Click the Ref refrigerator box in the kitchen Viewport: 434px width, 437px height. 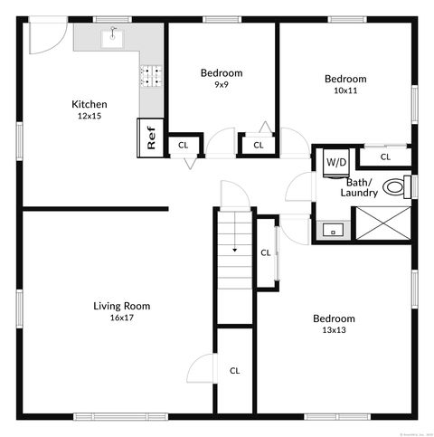(151, 137)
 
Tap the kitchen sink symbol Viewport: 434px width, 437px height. (114, 35)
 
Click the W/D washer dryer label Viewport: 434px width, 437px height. (335, 162)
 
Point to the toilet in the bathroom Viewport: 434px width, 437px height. (395, 187)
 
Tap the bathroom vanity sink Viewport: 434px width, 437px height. (332, 231)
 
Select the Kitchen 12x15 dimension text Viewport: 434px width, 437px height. (90, 116)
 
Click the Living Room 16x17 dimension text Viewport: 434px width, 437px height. (122, 318)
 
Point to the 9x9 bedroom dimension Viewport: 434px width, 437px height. (221, 84)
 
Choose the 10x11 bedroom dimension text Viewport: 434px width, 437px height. (345, 90)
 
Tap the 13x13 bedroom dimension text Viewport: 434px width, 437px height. (334, 330)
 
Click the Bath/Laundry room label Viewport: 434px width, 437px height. (358, 187)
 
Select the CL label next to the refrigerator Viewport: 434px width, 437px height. (183, 145)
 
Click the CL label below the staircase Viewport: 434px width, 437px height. (234, 370)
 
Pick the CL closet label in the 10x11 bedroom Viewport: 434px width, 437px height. (385, 157)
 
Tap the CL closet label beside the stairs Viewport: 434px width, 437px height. (266, 252)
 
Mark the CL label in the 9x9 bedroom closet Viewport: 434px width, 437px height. (258, 145)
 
